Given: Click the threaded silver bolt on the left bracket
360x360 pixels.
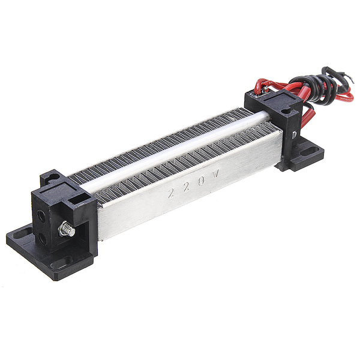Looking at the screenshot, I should point(67,229).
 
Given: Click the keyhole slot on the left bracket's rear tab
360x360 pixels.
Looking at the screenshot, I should point(51,178).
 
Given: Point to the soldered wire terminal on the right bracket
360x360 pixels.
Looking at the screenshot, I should point(258,90).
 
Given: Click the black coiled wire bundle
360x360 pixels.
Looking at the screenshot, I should point(325,84).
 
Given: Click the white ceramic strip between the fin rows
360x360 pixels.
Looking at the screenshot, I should point(180,146).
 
